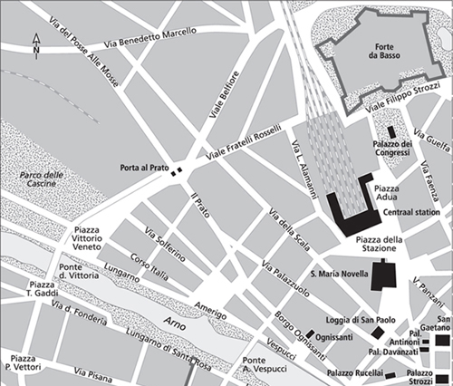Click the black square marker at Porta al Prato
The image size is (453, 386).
tap(179, 169)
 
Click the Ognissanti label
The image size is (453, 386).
tap(335, 335)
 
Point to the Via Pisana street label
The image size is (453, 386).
tap(95, 372)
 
